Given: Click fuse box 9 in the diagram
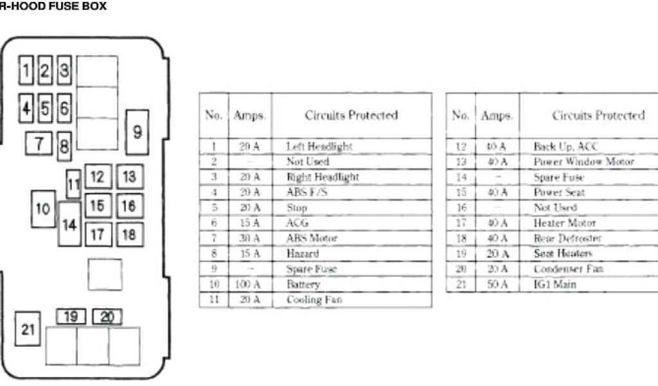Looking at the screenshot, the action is point(137,132).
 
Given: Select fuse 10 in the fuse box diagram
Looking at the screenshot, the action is point(43,208).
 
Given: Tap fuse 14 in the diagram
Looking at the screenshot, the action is point(69,224).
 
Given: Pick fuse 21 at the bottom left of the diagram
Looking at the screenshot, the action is point(28,329).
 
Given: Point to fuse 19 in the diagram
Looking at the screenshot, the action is point(71,317).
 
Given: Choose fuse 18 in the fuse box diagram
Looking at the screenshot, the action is point(129,234).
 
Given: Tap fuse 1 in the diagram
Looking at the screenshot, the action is point(26,69).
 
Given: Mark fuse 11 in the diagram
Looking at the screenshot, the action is point(74,185).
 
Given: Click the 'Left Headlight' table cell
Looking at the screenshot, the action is point(319,147).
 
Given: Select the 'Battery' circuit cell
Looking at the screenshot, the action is point(303,284).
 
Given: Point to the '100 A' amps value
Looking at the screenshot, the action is point(250,284).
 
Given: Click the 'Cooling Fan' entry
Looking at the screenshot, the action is point(314,300).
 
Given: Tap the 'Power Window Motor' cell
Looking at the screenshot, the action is point(583,162).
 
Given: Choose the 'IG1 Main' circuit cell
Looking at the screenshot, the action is point(555,284).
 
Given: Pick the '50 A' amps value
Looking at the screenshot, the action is point(497,284).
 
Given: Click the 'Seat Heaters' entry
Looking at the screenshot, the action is point(562,254).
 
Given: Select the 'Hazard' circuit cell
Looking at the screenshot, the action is point(303,254).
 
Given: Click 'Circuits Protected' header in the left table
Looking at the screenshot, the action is point(351,116).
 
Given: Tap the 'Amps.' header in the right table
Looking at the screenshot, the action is point(497,116).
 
